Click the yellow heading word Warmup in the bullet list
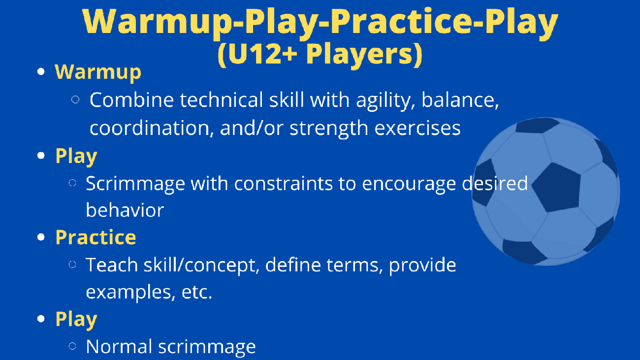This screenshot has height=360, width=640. coord(98,72)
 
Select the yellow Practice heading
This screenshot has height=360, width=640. coord(96,237)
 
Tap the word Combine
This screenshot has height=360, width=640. coord(132,99)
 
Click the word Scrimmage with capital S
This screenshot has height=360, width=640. coord(135,184)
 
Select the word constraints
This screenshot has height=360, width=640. coord(284,184)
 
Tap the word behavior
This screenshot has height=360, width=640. coord(125,210)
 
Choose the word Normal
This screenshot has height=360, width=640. coord(119,347)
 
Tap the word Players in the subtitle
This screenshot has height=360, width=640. coord(360,55)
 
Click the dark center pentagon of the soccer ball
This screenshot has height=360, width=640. coord(556,188)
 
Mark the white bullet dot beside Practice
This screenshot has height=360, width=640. coord(41,237)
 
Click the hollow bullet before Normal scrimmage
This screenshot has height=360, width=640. coord(72,346)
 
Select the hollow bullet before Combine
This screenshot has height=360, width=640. coord(75,99)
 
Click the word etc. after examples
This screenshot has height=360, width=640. coord(197,293)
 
